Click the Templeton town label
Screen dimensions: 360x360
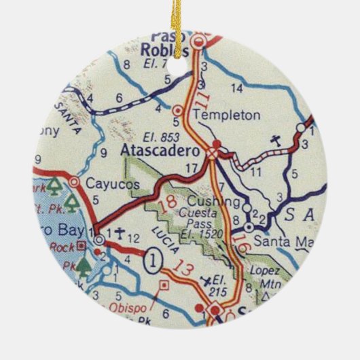(x=227, y=115)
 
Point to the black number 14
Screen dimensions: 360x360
(x=236, y=88)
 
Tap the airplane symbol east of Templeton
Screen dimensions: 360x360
(x=275, y=141)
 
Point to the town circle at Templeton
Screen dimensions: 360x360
(x=179, y=109)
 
